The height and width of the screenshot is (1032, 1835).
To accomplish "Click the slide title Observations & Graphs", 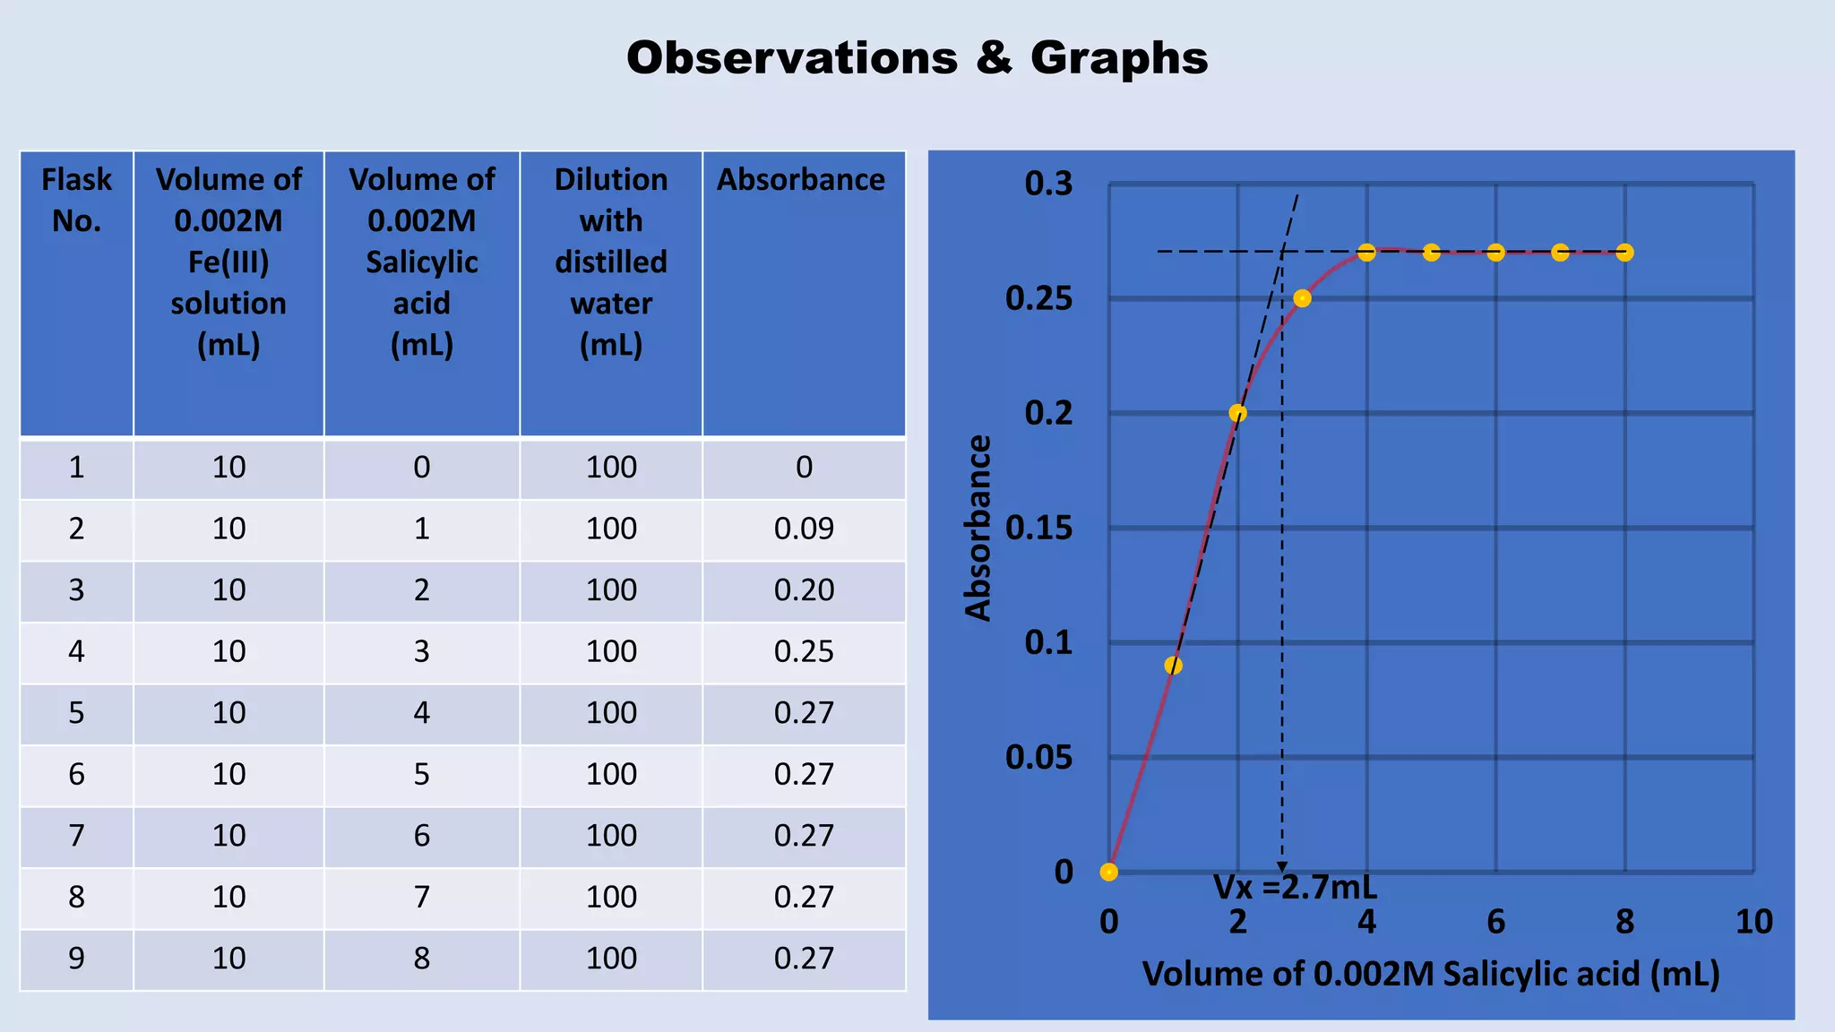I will pyautogui.click(x=917, y=58).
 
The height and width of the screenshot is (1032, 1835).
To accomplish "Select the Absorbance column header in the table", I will pyautogui.click(x=801, y=180).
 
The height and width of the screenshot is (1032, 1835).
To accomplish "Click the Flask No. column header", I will pyautogui.click(x=76, y=200).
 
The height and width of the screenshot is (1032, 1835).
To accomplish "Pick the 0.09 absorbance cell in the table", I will pyautogui.click(x=804, y=529).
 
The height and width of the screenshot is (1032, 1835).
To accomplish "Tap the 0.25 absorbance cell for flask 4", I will pyautogui.click(x=804, y=651).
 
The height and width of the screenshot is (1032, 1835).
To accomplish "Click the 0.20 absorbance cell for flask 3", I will pyautogui.click(x=804, y=590).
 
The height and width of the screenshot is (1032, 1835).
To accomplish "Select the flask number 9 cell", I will pyautogui.click(x=76, y=959).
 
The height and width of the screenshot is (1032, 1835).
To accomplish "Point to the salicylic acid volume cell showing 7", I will pyautogui.click(x=421, y=897).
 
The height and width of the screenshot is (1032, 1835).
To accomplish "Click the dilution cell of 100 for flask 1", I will pyautogui.click(x=611, y=468).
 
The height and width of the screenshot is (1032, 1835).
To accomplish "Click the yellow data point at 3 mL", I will pyautogui.click(x=1302, y=298).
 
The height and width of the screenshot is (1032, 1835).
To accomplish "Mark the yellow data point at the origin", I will pyautogui.click(x=1109, y=873).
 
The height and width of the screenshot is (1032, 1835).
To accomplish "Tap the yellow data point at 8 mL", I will pyautogui.click(x=1624, y=253).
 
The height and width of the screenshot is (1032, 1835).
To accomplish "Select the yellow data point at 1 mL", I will pyautogui.click(x=1173, y=666).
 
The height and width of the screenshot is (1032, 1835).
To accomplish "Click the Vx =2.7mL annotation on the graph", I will pyautogui.click(x=1295, y=888).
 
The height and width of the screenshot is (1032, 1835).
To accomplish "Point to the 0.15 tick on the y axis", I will pyautogui.click(x=1038, y=529).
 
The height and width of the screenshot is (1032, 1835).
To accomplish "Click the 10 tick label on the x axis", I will pyautogui.click(x=1753, y=922).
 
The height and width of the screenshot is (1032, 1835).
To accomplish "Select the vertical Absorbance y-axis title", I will pyautogui.click(x=978, y=529).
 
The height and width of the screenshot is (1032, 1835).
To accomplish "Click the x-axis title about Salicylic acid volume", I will pyautogui.click(x=1431, y=974).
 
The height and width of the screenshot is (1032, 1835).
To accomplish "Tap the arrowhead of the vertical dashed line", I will pyautogui.click(x=1282, y=867).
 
